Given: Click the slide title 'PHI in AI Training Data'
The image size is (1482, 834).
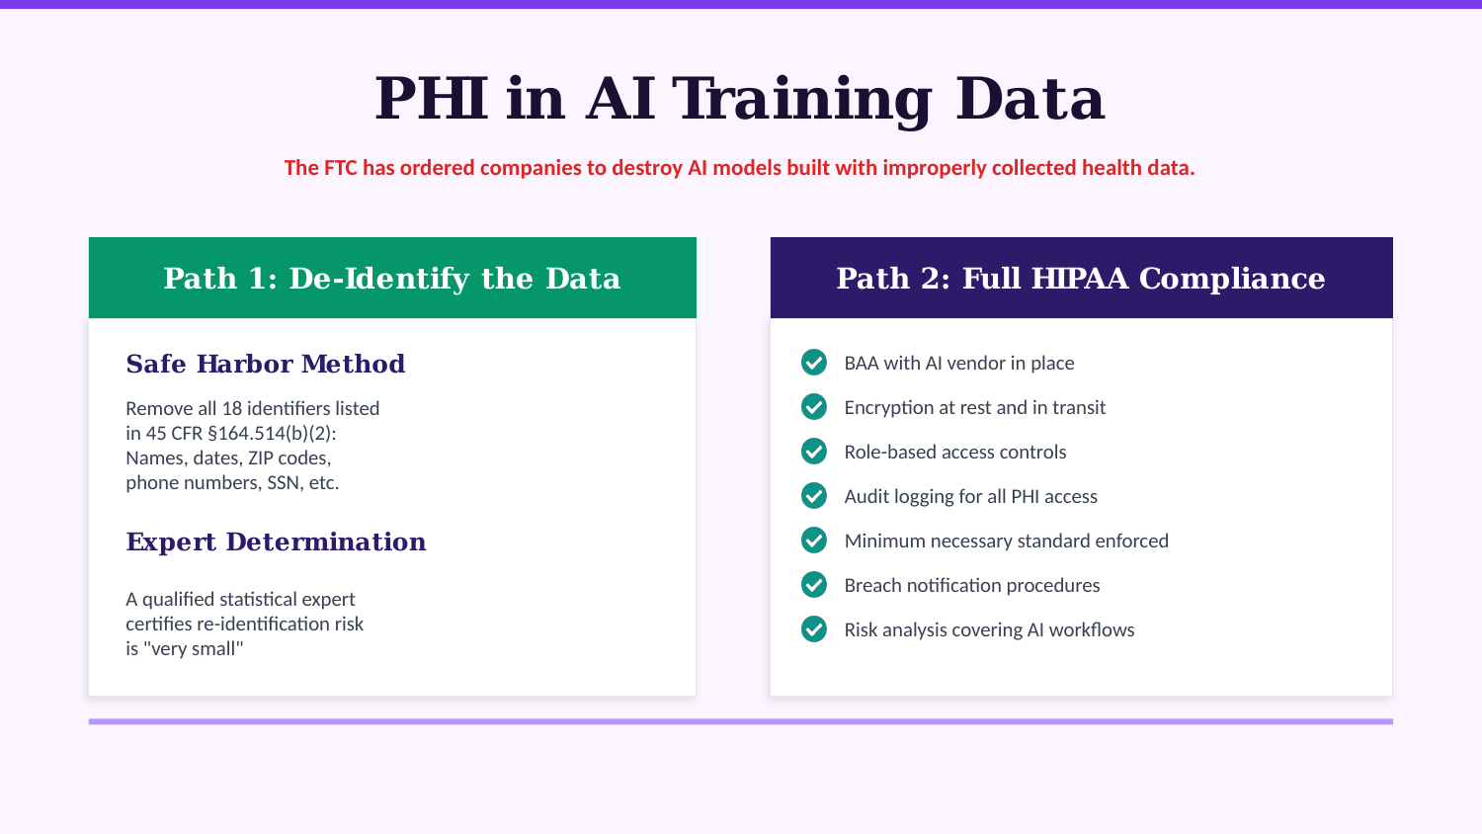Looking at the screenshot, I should (x=739, y=99).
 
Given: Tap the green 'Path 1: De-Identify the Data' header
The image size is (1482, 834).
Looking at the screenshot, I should (x=392, y=278).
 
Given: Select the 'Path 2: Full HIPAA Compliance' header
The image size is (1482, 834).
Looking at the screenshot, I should (x=1081, y=278).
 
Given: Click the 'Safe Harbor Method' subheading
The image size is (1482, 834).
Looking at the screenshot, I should (x=266, y=364).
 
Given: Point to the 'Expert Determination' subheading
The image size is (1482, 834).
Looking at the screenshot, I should (x=276, y=542).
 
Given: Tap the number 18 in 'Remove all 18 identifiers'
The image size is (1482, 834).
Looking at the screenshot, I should (x=231, y=408).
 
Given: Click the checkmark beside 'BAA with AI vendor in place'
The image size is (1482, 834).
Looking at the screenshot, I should (x=814, y=363).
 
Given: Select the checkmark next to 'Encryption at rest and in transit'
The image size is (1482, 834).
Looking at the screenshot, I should (x=814, y=407).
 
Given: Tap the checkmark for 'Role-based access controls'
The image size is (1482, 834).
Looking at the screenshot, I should (x=814, y=452).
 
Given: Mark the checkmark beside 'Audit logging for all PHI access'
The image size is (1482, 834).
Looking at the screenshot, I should (x=814, y=496).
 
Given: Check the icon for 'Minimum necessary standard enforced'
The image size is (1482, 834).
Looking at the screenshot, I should (x=814, y=541).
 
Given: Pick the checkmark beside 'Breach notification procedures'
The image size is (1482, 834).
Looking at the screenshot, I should (x=814, y=585).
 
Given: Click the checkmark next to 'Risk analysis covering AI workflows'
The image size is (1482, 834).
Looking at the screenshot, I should (x=814, y=629).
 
